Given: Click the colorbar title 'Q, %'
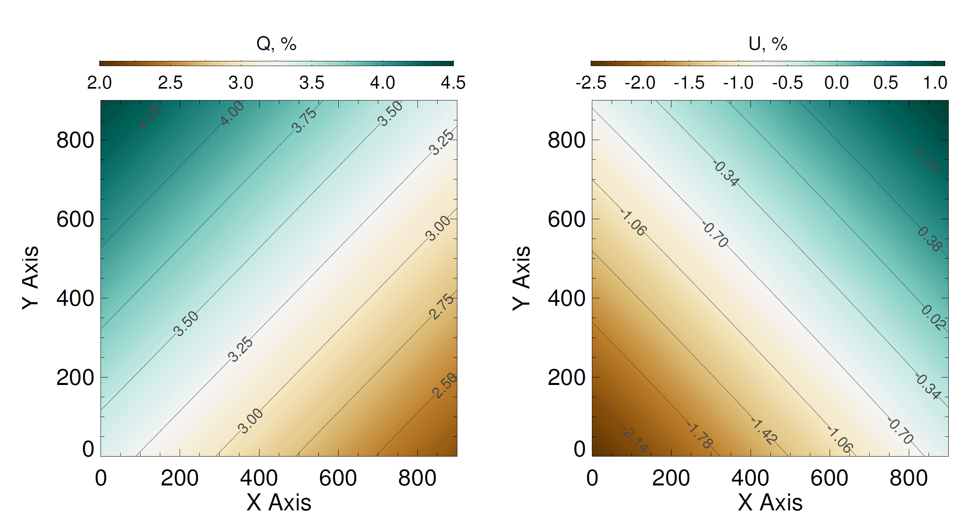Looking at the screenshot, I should pos(276,44).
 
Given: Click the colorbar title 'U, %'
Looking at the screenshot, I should pos(768,44).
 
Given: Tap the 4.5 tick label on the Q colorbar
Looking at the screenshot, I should pos(453,83).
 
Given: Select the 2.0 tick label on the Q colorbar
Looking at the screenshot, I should pos(99,83).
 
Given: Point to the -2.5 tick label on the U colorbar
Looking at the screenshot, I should pos(591,83).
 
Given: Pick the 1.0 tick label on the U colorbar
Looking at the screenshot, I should pos(935,83).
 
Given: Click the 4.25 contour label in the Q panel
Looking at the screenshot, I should pos(150,116).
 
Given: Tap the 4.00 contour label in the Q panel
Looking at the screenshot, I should pos(232,113).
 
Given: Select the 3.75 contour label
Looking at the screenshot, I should pos(304,120).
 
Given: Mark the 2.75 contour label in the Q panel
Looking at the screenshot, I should pos(442,306).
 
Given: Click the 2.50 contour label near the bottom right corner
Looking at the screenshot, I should pos(445,385).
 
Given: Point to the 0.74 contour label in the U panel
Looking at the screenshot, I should pos(926,161).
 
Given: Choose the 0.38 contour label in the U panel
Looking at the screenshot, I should pos(930,239).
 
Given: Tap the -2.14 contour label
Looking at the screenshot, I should pos(635,440).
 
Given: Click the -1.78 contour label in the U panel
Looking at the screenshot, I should pos(700,436).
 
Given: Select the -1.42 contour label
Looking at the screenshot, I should pos(764,432).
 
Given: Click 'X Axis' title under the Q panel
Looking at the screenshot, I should pos(279,503).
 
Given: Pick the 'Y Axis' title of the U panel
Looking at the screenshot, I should pos(521,278).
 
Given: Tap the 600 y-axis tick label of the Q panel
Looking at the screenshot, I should pos(75,220).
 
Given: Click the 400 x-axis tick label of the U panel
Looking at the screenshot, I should pos(750,478).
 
